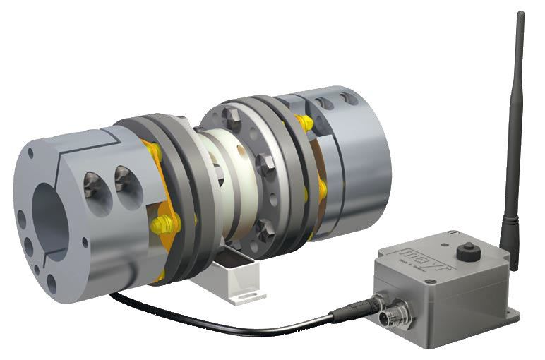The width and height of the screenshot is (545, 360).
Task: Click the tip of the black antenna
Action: coord(520,14)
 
